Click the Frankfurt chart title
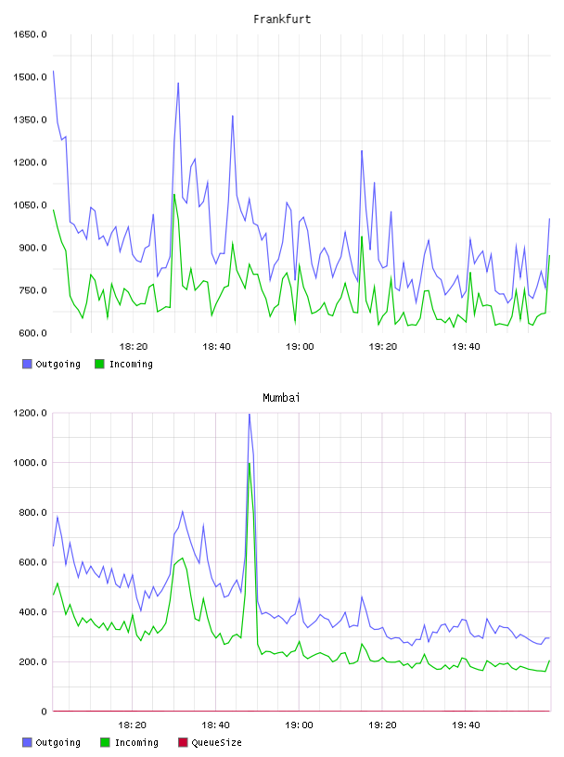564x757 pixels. click(x=282, y=19)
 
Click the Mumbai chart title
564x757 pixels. click(x=281, y=397)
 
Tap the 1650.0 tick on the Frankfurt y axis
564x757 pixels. click(x=30, y=34)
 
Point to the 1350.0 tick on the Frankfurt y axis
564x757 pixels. click(x=30, y=120)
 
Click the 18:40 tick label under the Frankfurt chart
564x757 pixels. click(x=216, y=346)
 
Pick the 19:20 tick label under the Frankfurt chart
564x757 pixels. click(x=383, y=346)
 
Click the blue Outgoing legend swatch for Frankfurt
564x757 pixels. click(x=27, y=364)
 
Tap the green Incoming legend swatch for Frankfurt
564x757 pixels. click(x=99, y=364)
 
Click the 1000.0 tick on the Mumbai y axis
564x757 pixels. click(x=30, y=463)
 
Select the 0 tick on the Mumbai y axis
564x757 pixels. click(x=44, y=712)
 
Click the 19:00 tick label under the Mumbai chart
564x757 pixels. click(x=299, y=725)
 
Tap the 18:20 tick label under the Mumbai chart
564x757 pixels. click(x=133, y=725)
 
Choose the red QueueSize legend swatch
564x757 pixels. click(x=183, y=742)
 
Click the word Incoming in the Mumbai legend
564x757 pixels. click(x=136, y=742)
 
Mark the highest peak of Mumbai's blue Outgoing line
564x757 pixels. click(x=250, y=415)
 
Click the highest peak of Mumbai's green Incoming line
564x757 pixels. click(x=250, y=464)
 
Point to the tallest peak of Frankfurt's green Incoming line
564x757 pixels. click(x=174, y=195)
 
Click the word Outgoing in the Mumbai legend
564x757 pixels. click(x=58, y=742)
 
